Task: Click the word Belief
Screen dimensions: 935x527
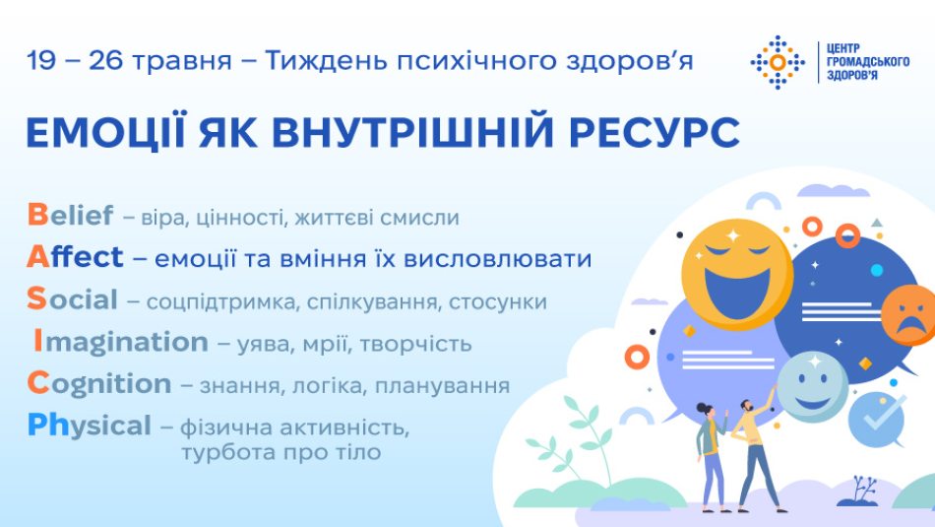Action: click(70, 215)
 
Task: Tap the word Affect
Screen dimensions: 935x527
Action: click(75, 257)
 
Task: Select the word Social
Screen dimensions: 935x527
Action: click(72, 299)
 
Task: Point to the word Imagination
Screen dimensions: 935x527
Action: click(120, 343)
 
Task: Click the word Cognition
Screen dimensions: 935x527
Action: click(99, 384)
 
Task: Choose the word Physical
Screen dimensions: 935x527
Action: click(90, 427)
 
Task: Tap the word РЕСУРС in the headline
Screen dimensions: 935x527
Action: click(654, 133)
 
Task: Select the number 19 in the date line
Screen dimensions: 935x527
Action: click(41, 60)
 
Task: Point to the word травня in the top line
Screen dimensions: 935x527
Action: click(181, 61)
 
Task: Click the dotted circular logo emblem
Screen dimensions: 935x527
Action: click(778, 62)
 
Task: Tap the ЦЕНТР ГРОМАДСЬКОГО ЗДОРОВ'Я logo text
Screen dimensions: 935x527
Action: click(868, 61)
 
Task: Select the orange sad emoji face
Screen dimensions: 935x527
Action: click(908, 315)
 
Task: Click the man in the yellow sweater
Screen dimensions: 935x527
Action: click(754, 453)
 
